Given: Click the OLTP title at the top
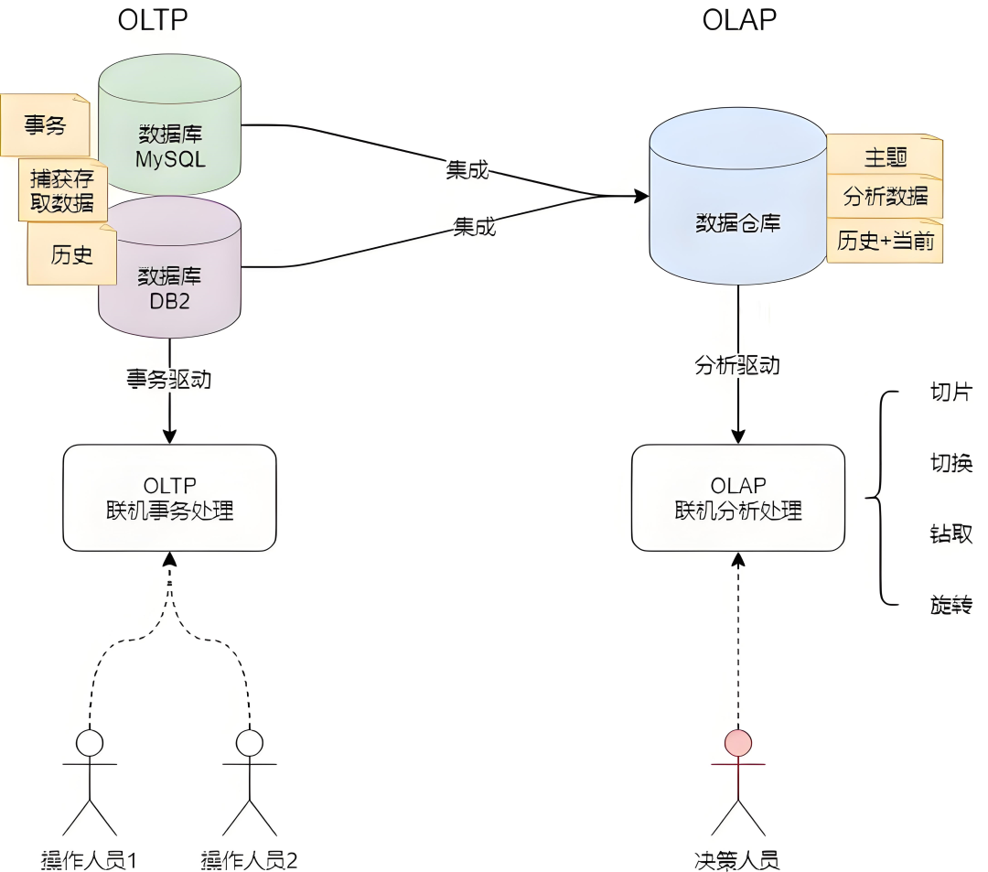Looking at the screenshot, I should coord(153,20).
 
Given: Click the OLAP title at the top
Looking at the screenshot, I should coord(739,20).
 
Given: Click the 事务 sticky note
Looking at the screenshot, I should coord(45,125).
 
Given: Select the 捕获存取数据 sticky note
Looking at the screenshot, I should coord(62,189).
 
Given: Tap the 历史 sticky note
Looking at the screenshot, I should coord(71,254).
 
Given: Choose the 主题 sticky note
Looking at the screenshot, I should coord(884,156).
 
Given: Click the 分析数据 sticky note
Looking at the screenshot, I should coord(884,197).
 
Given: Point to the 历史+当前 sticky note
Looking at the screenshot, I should coord(884,241).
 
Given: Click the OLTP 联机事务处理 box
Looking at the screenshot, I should coord(169,498).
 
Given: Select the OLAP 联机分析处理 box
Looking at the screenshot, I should coord(738,498).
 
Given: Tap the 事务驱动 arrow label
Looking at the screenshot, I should coord(169,379).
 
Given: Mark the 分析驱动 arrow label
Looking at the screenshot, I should coord(737,365).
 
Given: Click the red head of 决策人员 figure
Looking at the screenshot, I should coord(737,741).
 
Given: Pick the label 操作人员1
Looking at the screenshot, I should coord(89,859).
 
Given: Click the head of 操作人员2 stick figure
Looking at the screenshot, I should coord(249,741).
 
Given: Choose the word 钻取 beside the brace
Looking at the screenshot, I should coord(950,534).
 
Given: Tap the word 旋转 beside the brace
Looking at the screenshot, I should coord(950,605).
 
